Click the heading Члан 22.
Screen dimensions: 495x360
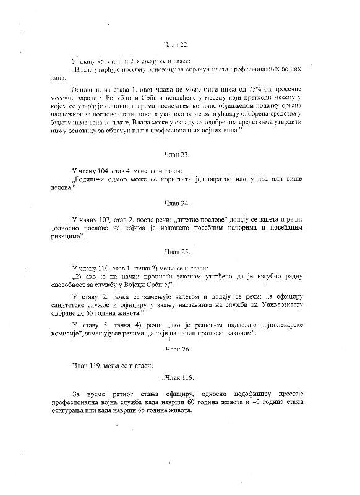point(175,45)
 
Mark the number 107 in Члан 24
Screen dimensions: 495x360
point(109,220)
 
